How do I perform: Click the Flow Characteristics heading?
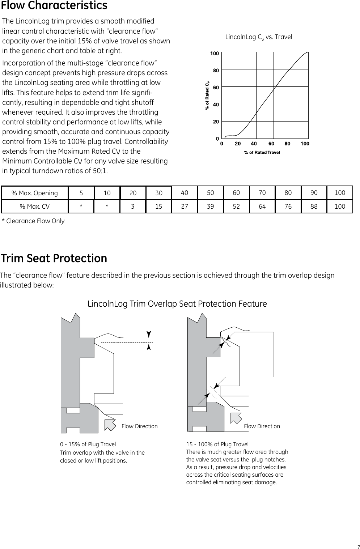(54, 6)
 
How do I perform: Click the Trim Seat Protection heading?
(54, 259)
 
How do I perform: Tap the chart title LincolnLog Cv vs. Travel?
(258, 37)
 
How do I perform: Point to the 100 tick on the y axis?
(215, 53)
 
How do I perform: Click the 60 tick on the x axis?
(271, 144)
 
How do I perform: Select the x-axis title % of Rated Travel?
(262, 153)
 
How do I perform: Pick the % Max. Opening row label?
(35, 193)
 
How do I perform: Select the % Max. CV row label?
(35, 207)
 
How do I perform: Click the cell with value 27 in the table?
(185, 207)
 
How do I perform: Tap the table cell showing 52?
(236, 207)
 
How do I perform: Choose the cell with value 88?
(314, 207)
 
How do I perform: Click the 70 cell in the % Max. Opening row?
(262, 193)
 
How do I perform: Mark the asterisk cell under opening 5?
(81, 207)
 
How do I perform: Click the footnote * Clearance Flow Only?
(33, 221)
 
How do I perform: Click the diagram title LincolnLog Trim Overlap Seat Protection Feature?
(177, 304)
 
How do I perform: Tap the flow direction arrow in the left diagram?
(110, 425)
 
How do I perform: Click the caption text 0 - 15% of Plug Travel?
(88, 444)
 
